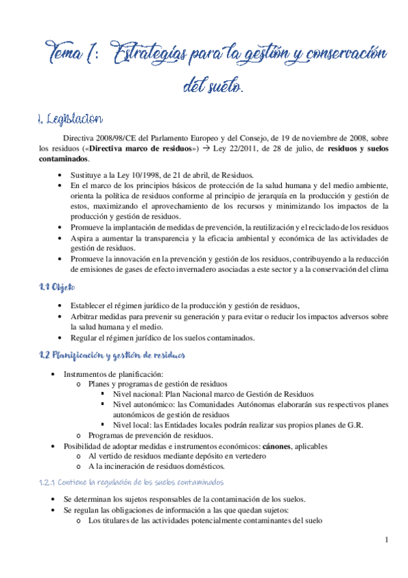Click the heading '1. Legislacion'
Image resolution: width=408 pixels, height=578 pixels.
coord(70,120)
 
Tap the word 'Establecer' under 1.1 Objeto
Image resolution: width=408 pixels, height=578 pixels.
coord(91,306)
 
